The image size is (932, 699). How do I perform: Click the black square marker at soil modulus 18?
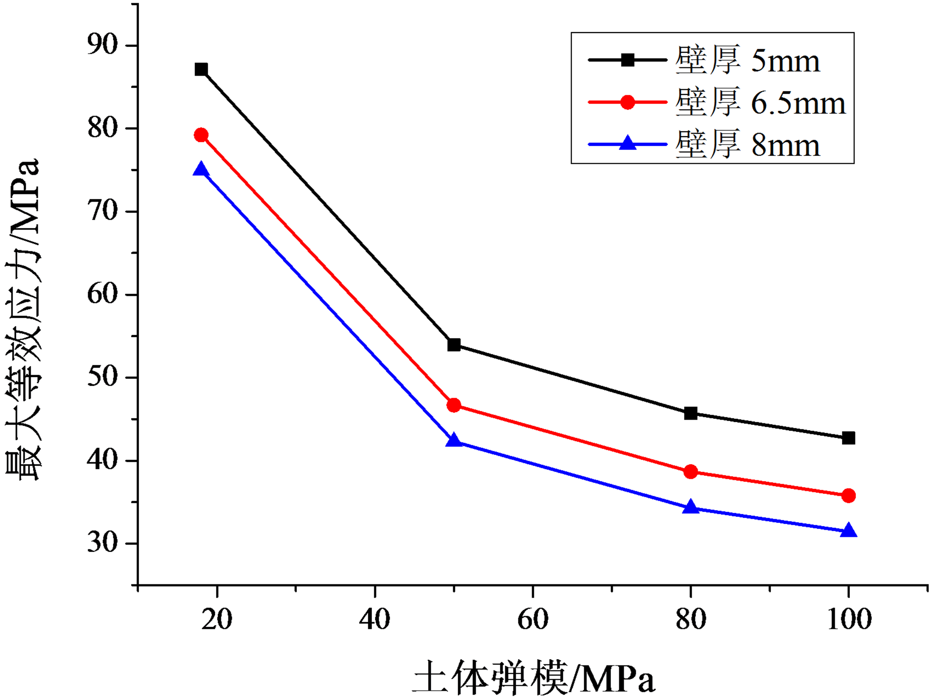pos(201,70)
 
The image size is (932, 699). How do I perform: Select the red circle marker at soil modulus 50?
pos(454,405)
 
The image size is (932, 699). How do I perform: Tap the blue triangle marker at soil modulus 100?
pos(849,531)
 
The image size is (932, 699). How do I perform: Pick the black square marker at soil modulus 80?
pos(690,413)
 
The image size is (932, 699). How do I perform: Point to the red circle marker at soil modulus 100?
pos(849,495)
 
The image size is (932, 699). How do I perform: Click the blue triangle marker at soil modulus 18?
pos(201,170)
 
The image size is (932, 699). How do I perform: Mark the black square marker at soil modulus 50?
pos(454,344)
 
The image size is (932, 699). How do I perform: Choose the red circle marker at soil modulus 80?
pos(690,472)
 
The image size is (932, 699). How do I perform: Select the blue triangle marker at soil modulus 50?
pos(454,440)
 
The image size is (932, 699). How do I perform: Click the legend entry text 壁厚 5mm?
pos(748,60)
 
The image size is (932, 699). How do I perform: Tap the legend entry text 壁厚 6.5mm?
pos(760,102)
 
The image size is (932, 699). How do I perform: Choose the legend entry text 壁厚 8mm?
pos(748,144)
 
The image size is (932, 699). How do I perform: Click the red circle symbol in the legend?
pos(627,102)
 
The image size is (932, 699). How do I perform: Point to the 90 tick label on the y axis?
pos(102,45)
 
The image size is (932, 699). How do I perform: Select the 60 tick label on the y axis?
pos(102,294)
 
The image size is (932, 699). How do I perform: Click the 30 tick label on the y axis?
pos(102,543)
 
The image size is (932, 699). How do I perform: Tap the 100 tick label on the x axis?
pos(849,619)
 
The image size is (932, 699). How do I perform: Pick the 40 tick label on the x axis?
pos(375,619)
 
